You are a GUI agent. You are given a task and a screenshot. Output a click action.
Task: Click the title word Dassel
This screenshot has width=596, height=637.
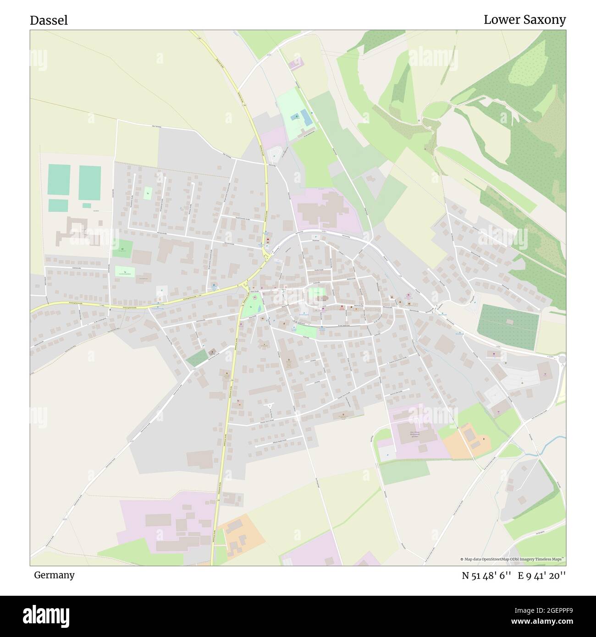(x=49, y=20)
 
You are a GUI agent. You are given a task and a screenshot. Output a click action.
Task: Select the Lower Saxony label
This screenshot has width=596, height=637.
(x=524, y=20)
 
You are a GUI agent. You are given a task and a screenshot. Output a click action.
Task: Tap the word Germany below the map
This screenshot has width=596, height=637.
(x=54, y=575)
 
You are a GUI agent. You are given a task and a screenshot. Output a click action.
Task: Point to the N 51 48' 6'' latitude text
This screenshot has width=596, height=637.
(x=486, y=576)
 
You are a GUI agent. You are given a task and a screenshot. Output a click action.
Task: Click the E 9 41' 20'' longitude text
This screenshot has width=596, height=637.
(x=542, y=576)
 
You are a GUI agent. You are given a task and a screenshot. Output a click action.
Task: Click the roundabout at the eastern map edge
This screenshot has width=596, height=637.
(x=563, y=359)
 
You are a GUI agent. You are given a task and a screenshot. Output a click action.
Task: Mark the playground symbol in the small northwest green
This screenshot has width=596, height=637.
(x=148, y=193)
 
